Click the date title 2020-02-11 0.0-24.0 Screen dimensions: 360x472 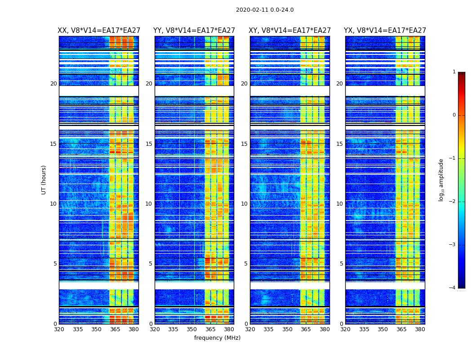(265, 10)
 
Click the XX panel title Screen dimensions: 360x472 (99, 31)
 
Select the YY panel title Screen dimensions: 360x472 (194, 31)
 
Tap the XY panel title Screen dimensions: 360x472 (290, 31)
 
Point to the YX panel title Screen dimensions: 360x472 (385, 31)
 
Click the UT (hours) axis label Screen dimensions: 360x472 (44, 180)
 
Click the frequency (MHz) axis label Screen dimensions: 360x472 (217, 338)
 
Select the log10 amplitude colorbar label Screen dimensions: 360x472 (441, 180)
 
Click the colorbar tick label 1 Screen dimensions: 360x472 (454, 72)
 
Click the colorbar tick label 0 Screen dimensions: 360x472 (454, 115)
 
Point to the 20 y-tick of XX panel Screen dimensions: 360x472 (53, 84)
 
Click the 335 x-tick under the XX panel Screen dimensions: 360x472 (78, 329)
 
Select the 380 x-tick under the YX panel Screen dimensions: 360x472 (420, 329)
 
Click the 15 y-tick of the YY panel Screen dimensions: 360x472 (149, 144)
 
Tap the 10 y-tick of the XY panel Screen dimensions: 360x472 (244, 204)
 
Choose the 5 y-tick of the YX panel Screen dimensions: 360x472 (341, 264)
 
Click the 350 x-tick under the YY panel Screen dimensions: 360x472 (192, 329)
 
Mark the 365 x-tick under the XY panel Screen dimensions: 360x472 (306, 329)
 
